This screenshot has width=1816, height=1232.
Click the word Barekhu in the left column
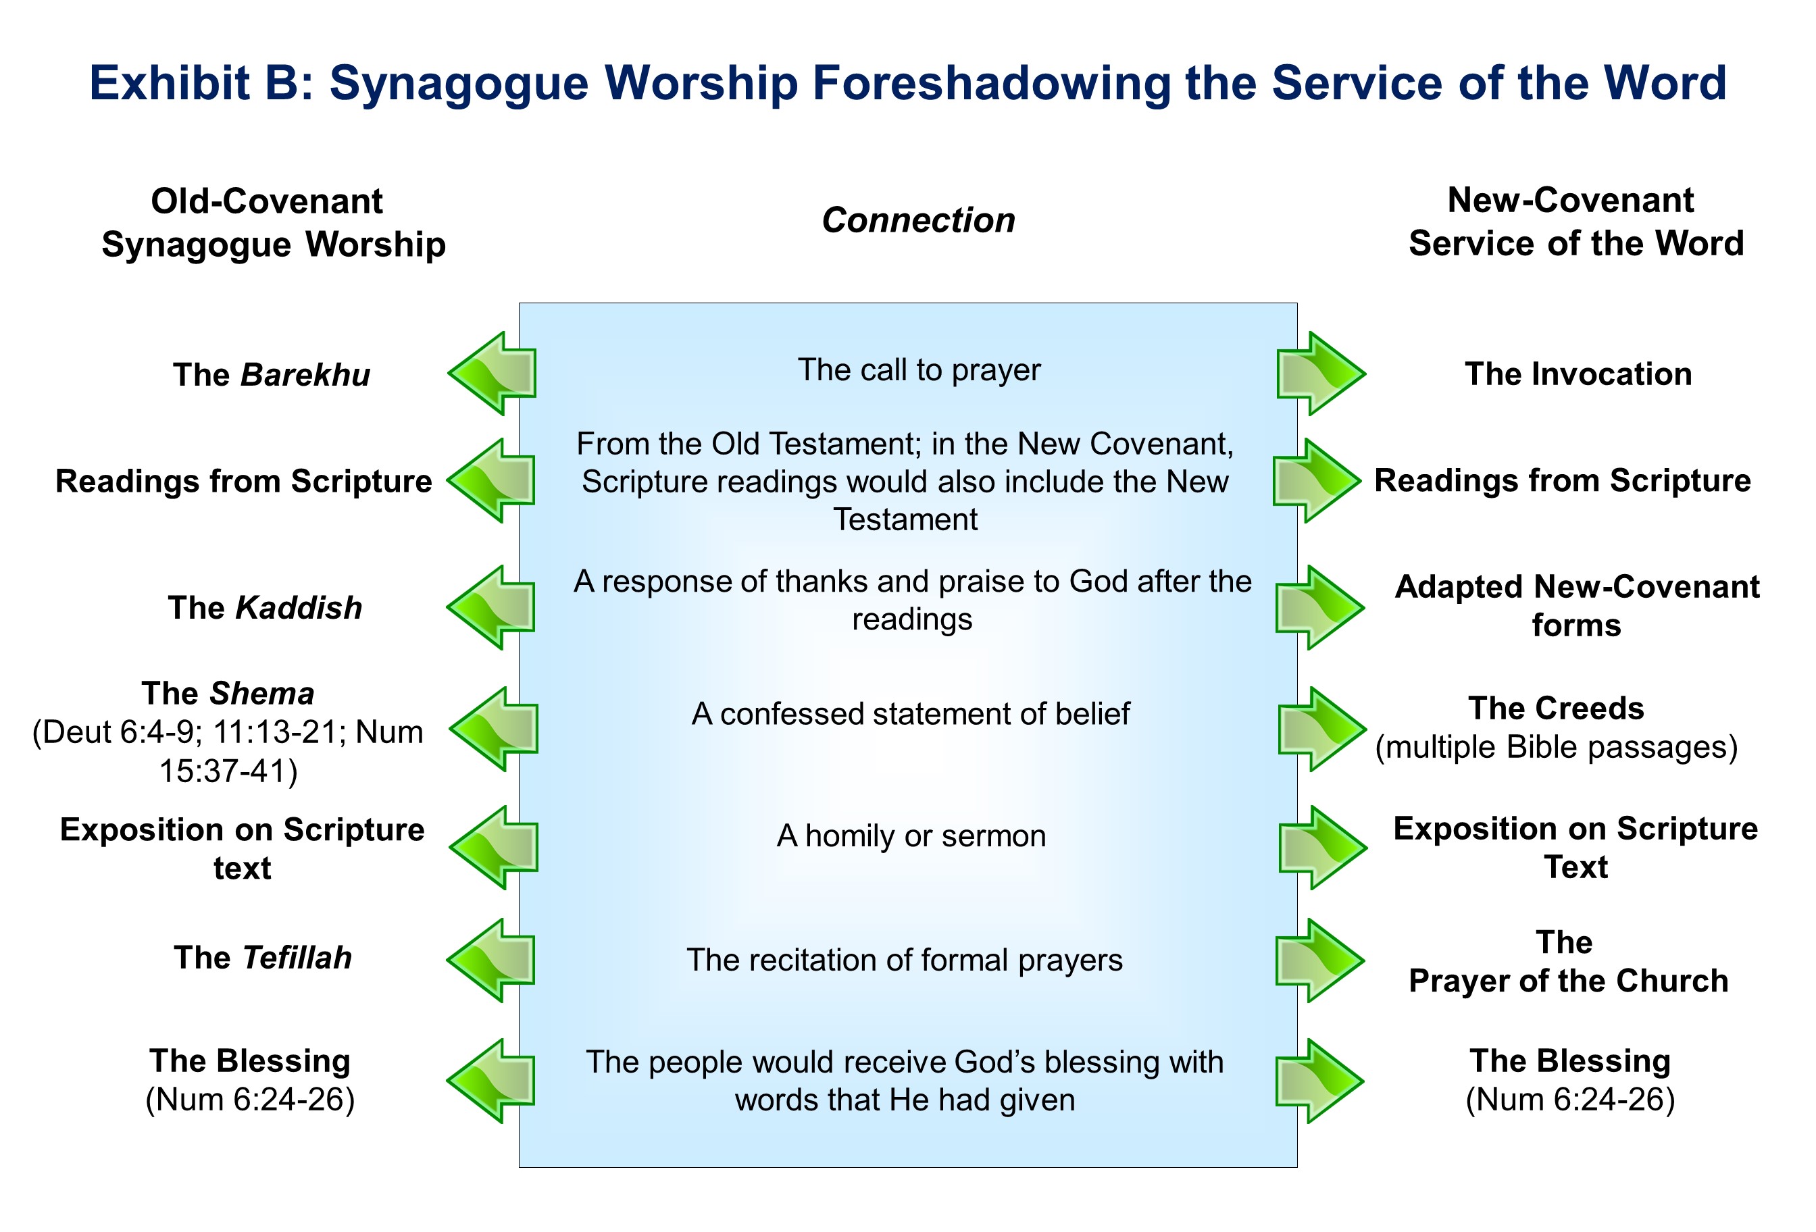pos(305,375)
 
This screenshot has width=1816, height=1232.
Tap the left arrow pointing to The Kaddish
pos(490,607)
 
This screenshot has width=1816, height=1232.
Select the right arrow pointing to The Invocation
pos(1321,374)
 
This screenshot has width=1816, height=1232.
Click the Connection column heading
pos(918,220)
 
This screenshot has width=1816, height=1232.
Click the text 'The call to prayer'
pos(919,369)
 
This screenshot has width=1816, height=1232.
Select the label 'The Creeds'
pos(1556,708)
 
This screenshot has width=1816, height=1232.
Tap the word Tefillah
pos(297,957)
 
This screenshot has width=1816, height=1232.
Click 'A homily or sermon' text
pos(911,836)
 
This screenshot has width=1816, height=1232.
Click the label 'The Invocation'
pos(1578,374)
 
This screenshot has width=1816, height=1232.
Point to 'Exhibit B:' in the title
pos(201,83)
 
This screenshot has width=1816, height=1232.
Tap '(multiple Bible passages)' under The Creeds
pos(1556,747)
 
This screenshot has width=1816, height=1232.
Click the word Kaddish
pos(299,608)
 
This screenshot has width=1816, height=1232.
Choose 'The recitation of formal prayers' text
pos(904,959)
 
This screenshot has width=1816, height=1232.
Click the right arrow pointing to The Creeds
pos(1322,729)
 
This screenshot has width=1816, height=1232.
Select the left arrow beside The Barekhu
pos(493,374)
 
